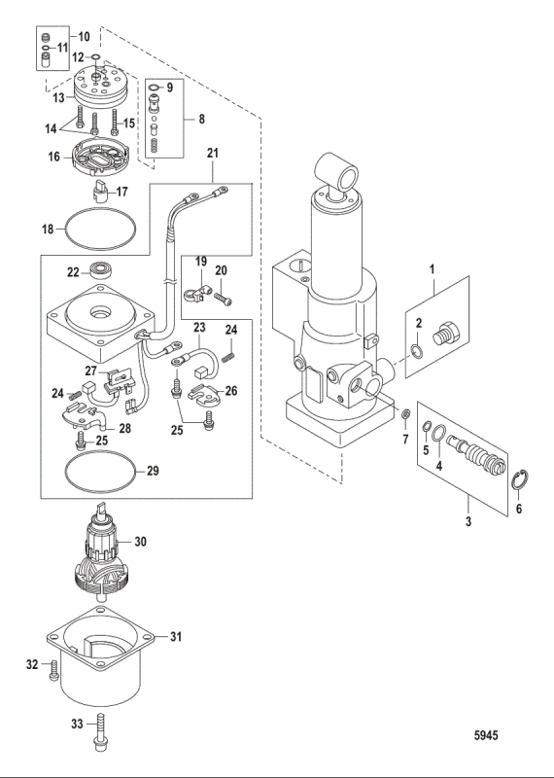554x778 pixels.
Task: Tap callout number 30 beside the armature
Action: tap(142, 543)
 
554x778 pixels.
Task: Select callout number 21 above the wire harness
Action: tap(213, 154)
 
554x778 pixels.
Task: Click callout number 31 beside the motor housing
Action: tap(176, 637)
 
